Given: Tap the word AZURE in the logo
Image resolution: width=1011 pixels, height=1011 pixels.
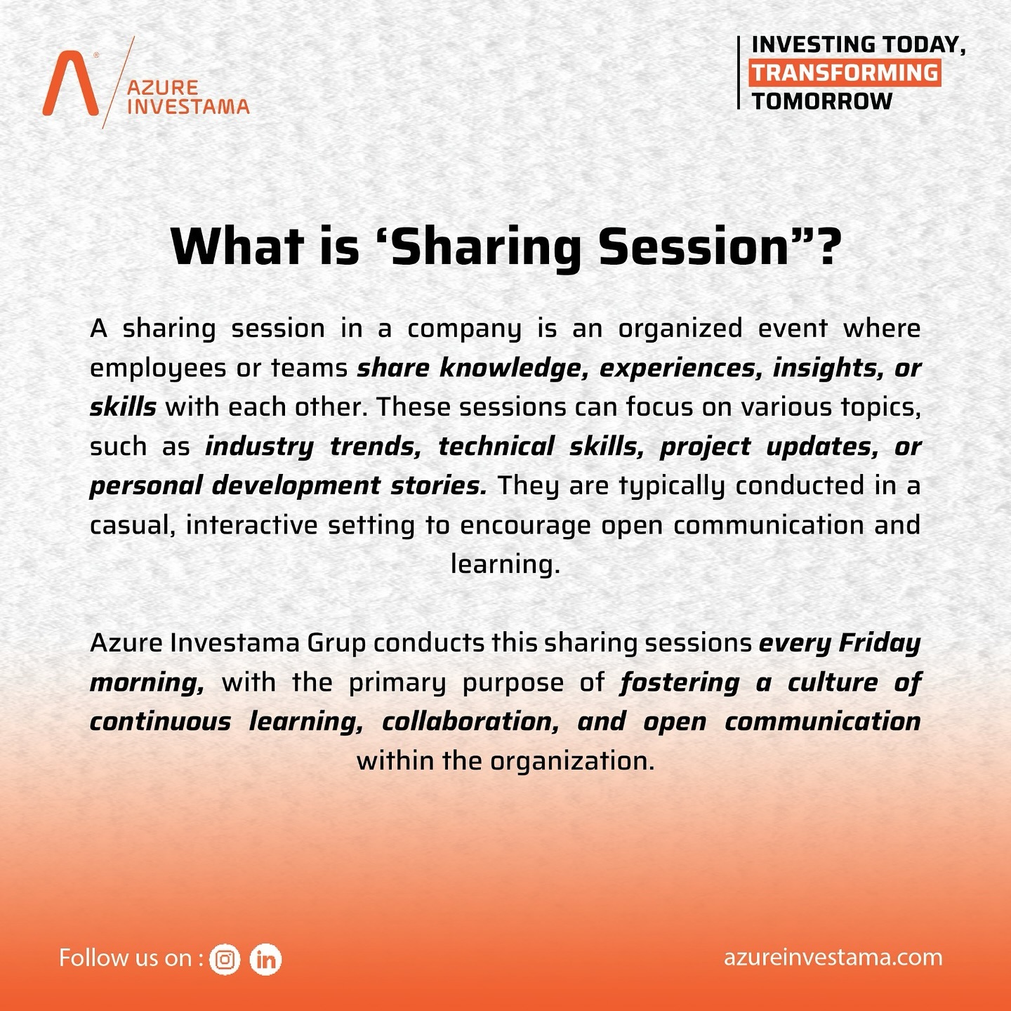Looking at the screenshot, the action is tap(163, 88).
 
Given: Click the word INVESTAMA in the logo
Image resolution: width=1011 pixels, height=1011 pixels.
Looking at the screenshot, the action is tap(188, 107).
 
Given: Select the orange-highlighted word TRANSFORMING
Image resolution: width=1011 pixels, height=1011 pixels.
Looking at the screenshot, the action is tap(845, 73).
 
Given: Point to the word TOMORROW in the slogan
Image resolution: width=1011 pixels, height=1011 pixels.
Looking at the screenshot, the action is tap(821, 101).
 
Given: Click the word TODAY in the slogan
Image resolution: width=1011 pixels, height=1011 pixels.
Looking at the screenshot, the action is tap(923, 45).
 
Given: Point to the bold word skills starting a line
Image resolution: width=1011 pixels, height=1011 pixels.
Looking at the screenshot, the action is tap(123, 407).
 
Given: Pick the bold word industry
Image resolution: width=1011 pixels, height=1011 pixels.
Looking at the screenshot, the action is tap(259, 447).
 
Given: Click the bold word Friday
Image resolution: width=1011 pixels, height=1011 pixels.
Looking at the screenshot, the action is tap(879, 643).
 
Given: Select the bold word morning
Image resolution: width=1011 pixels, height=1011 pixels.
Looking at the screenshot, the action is tap(147, 683).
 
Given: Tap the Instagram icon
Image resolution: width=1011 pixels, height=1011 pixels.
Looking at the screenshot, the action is tap(225, 960).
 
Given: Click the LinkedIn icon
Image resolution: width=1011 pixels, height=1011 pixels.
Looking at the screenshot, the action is tap(265, 960).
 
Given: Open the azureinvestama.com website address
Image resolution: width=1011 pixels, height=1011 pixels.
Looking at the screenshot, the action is tap(833, 958).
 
